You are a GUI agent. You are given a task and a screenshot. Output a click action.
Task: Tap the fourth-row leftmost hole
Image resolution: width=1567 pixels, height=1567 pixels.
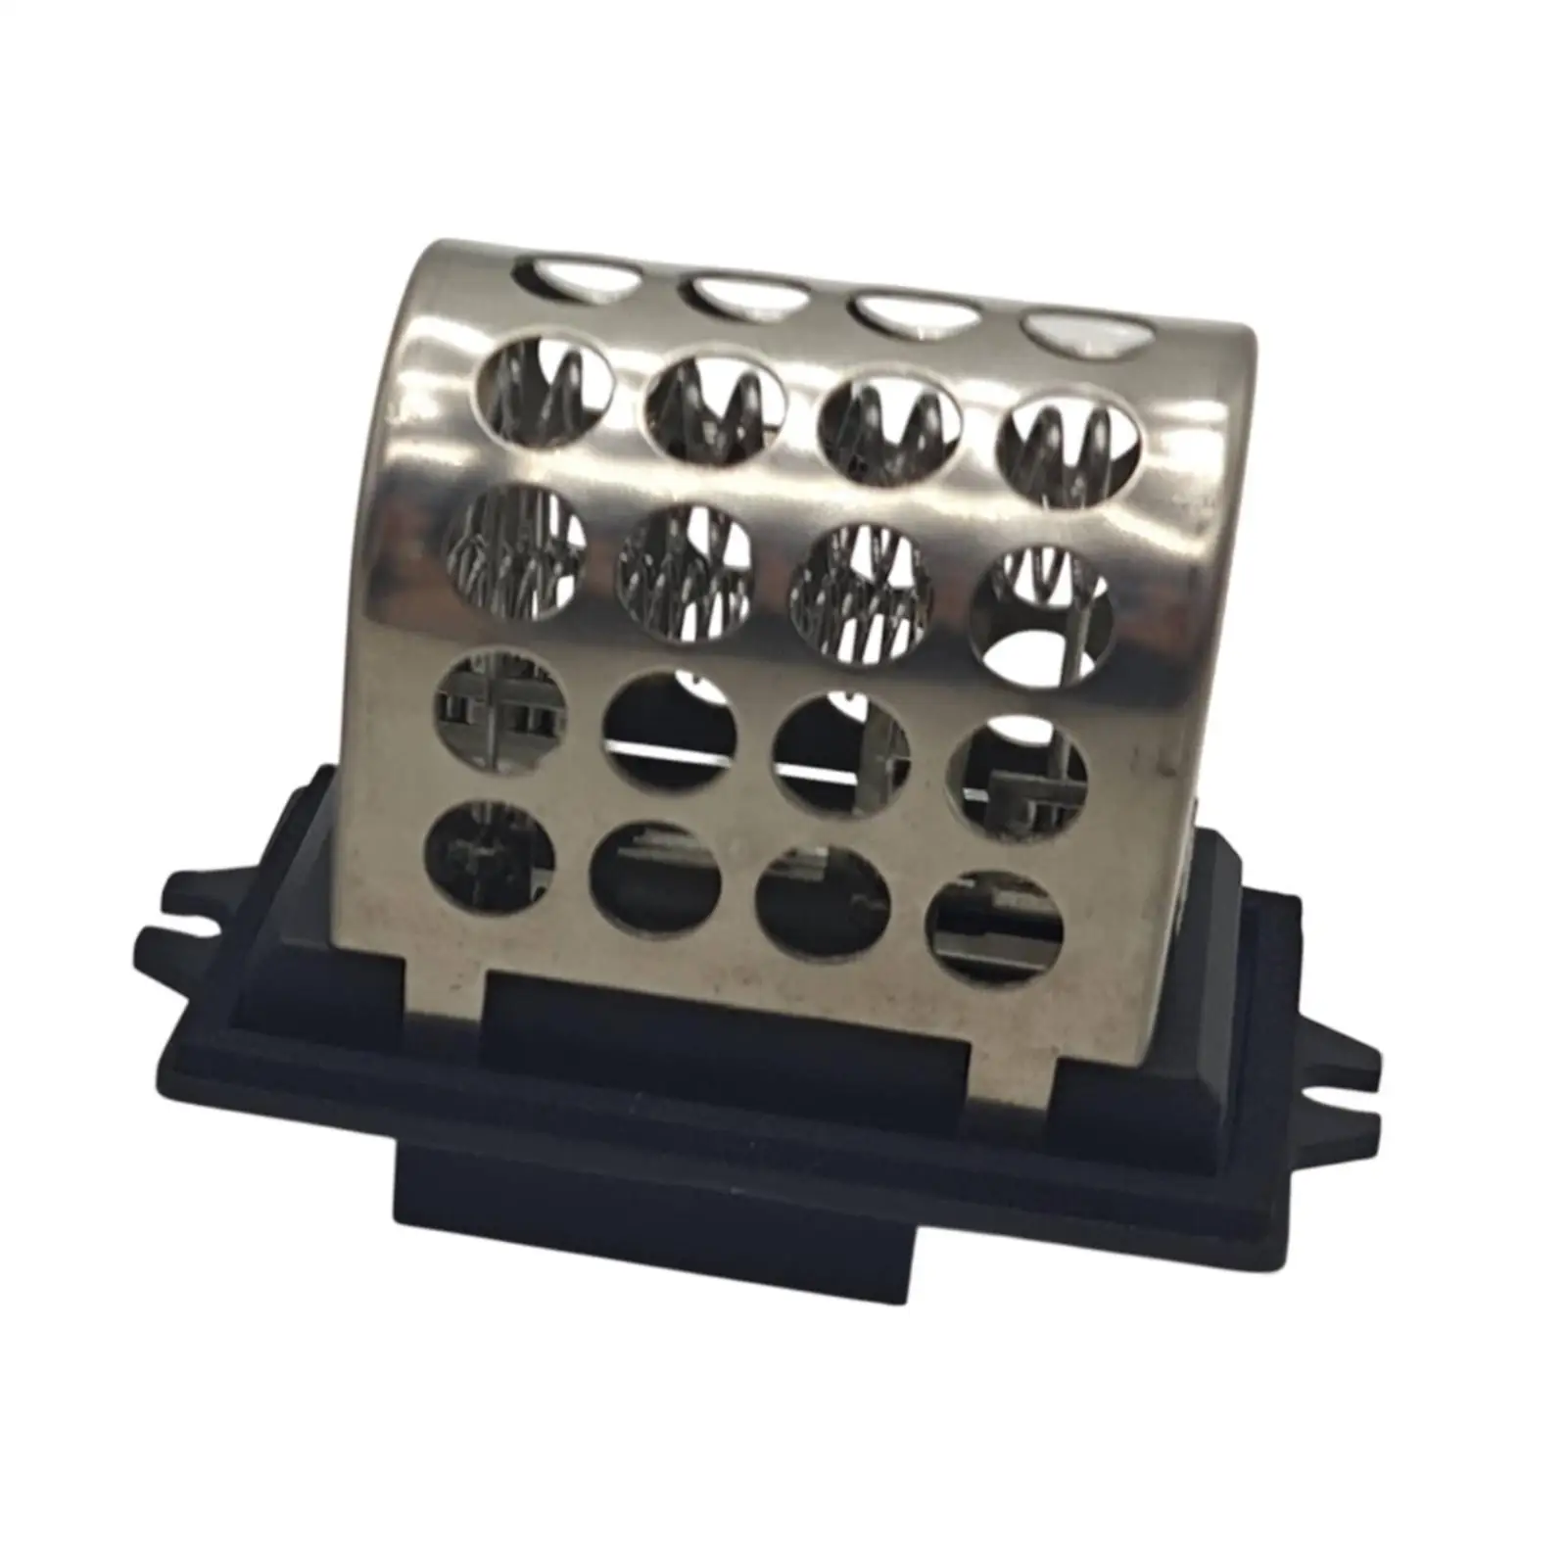[x=489, y=695]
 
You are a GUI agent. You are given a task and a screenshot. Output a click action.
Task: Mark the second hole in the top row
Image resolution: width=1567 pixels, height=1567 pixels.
[x=746, y=294]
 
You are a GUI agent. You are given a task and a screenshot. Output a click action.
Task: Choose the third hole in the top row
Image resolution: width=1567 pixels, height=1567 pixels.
[x=915, y=313]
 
